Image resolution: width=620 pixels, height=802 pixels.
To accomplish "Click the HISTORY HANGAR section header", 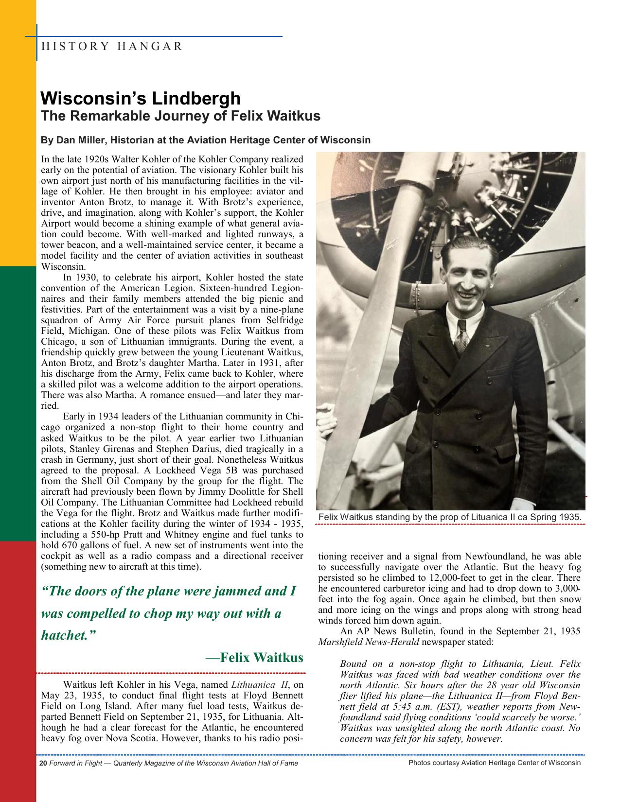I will [x=112, y=47].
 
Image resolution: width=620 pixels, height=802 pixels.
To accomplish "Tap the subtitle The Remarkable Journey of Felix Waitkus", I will [x=180, y=116].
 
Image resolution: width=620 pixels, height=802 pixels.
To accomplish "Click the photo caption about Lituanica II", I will [x=450, y=517].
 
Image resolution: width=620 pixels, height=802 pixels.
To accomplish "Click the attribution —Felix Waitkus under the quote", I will [x=254, y=658].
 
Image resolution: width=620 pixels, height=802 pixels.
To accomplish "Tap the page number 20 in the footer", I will [x=43, y=763].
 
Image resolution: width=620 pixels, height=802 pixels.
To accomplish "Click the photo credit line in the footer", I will [x=495, y=763].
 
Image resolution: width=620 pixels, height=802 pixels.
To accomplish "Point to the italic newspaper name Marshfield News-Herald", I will [x=368, y=642].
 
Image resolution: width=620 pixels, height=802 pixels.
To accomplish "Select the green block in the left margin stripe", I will [x=18, y=403].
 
